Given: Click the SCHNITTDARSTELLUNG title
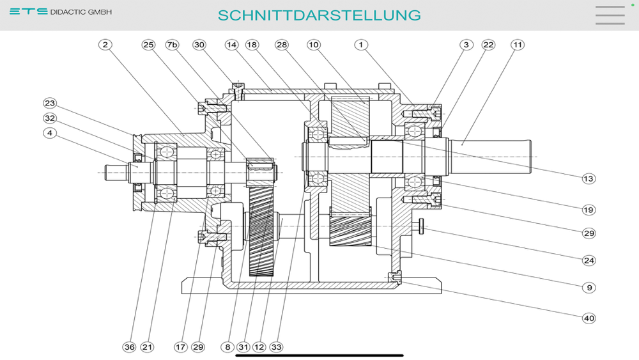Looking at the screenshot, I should (319, 15).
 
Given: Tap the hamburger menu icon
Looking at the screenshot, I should (610, 15).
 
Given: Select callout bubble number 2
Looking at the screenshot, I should (106, 45).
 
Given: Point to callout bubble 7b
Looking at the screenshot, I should (173, 45).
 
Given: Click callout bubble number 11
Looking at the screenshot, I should (517, 45).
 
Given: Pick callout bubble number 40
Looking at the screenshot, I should (589, 318).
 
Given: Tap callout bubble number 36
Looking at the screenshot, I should (130, 347).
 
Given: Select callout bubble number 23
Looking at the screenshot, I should (50, 103).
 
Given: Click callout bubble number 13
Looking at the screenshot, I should (589, 178).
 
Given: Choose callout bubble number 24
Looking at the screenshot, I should (589, 260).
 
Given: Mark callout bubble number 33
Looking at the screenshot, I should (276, 347).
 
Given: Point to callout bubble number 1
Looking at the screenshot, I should (362, 45).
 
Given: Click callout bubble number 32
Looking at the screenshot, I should (50, 118).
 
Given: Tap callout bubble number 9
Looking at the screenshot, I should (589, 288).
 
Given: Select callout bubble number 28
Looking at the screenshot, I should (282, 45).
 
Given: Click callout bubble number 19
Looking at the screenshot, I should (589, 209).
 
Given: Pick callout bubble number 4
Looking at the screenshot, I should (50, 133).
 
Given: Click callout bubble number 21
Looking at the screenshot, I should (148, 347).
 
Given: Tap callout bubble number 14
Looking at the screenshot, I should (231, 45).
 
